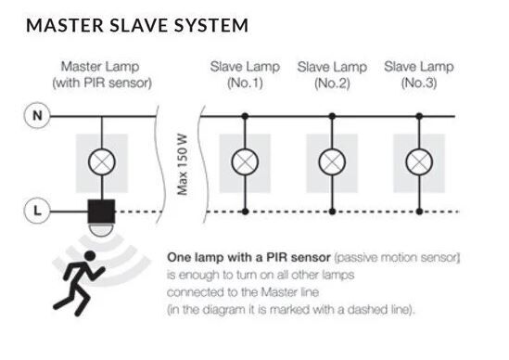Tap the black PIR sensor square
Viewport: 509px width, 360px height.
pos(101,212)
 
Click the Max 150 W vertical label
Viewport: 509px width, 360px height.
pos(183,164)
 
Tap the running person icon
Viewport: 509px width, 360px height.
pos(80,283)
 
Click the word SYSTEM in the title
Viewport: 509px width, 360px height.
pos(211,25)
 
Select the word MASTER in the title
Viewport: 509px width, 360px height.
pos(65,25)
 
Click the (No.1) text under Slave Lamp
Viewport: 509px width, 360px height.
pos(245,83)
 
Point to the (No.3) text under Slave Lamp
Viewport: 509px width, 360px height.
pos(419,83)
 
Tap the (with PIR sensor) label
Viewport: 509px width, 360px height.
pos(102,83)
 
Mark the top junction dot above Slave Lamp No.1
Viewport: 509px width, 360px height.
pos(245,116)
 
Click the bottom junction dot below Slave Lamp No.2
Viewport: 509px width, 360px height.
pos(332,212)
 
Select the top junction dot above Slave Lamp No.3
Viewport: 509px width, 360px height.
pos(419,116)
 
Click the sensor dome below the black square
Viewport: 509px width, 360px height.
pos(101,229)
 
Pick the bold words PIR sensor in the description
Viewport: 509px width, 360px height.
pos(299,257)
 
